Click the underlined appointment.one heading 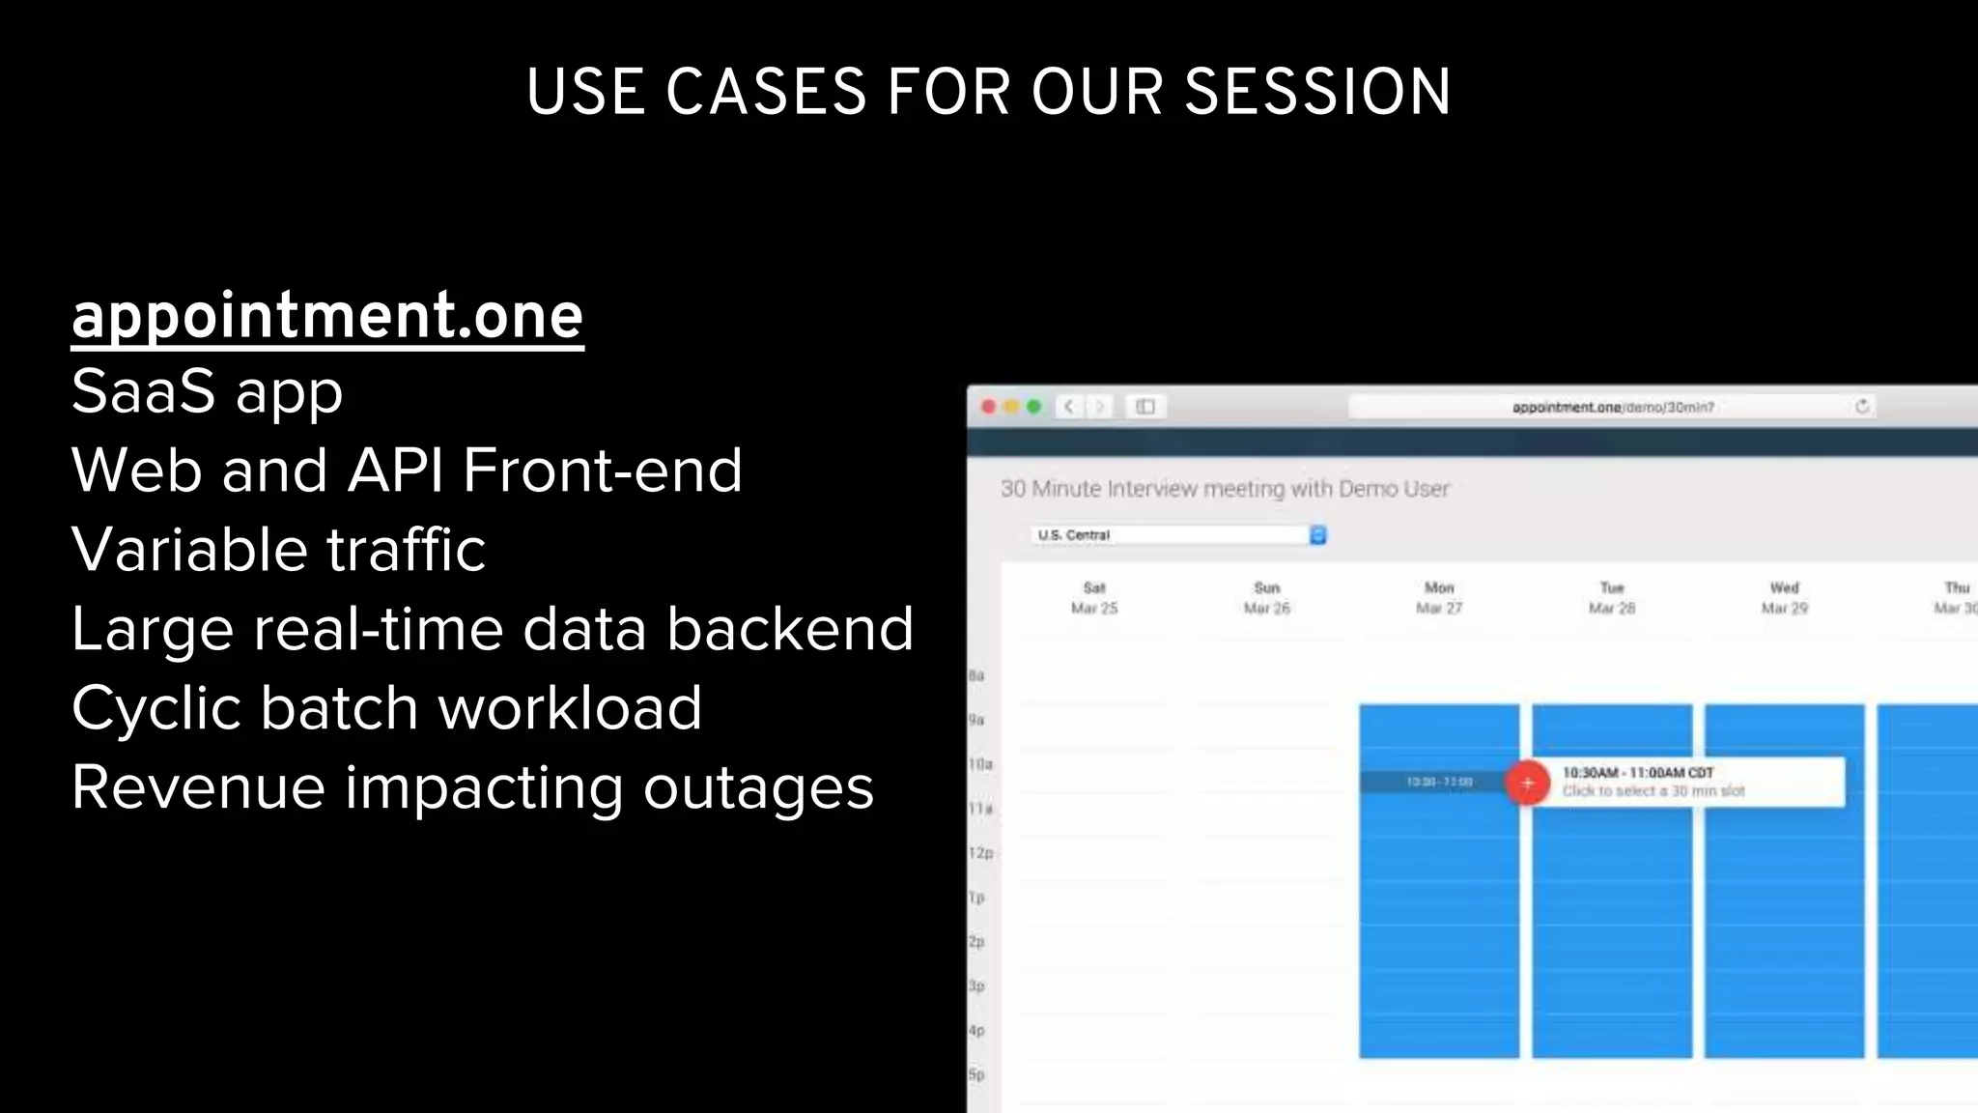(x=327, y=316)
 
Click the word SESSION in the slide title (x=1317, y=93)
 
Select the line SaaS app (x=207, y=392)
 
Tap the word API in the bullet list (x=395, y=471)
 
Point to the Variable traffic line (x=278, y=550)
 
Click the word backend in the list (x=789, y=629)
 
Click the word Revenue (x=198, y=787)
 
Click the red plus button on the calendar (x=1527, y=783)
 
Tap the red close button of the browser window (x=989, y=407)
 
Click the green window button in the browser (x=1034, y=407)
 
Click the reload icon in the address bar (x=1862, y=407)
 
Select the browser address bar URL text (x=1613, y=408)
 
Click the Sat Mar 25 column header (x=1094, y=598)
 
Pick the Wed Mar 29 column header (x=1784, y=598)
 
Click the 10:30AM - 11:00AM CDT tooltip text (x=1638, y=773)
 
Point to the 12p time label (x=980, y=853)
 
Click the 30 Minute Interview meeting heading (x=1225, y=489)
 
